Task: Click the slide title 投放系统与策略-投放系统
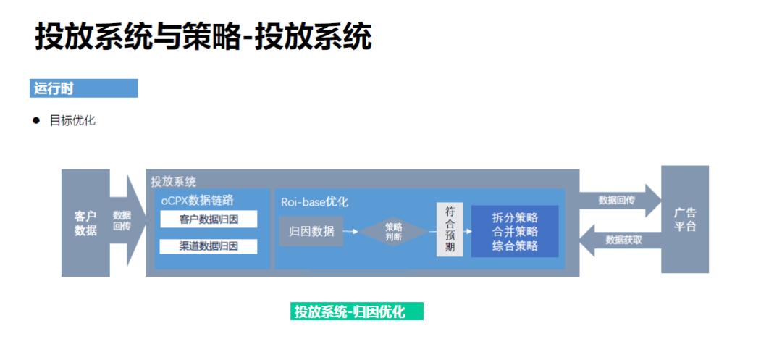(x=203, y=37)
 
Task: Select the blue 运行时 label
(x=83, y=88)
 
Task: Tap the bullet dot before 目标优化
(x=35, y=120)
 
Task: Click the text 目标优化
(x=72, y=121)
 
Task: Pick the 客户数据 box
(x=85, y=223)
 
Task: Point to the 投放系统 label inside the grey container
(x=173, y=181)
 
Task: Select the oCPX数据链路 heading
(x=207, y=200)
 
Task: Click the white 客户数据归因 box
(x=209, y=219)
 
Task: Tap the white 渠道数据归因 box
(x=209, y=246)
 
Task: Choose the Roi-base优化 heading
(x=314, y=202)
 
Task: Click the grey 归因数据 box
(x=311, y=232)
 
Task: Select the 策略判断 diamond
(x=394, y=231)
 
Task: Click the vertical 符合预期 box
(x=450, y=230)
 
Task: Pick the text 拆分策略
(x=515, y=217)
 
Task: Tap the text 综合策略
(x=515, y=246)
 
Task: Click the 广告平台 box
(x=684, y=219)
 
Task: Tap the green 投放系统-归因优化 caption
(x=356, y=311)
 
